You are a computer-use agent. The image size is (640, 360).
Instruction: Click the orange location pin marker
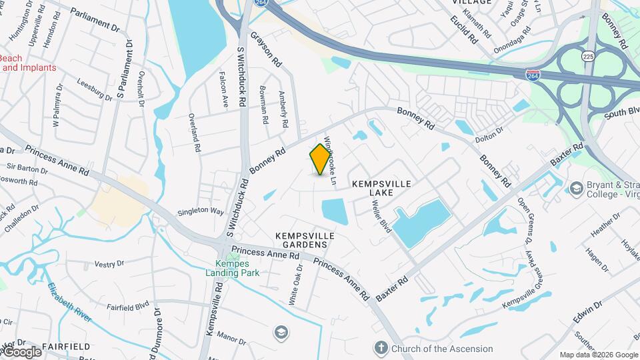[321, 159]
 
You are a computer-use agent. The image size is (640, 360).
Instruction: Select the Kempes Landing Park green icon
[232, 257]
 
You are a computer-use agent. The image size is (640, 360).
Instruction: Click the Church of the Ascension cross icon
[381, 348]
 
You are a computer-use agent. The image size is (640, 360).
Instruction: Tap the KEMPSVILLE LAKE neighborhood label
[381, 187]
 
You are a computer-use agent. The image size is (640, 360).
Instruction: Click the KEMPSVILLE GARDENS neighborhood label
[301, 240]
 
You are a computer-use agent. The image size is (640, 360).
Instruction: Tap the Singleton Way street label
[200, 211]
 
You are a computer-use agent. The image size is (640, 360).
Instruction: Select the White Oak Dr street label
[295, 285]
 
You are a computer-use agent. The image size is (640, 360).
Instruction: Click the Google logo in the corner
[21, 351]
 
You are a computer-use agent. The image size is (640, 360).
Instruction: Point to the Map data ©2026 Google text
[599, 355]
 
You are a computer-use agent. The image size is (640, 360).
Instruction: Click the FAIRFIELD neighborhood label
[66, 347]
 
